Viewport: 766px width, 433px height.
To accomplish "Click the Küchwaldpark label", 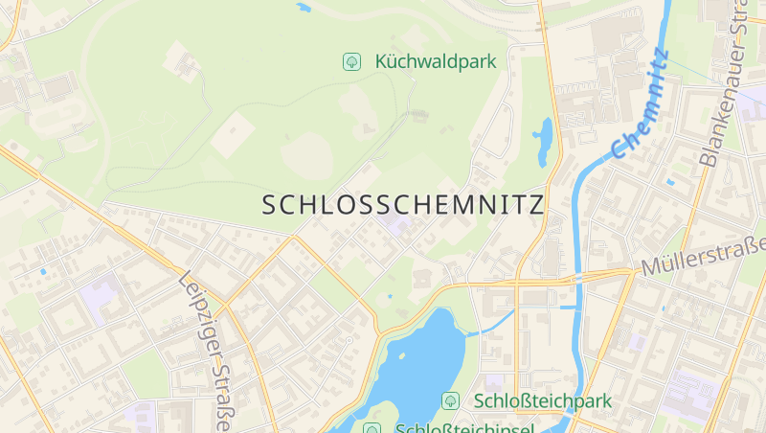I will tap(436, 62).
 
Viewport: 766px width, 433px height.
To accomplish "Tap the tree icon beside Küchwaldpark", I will tap(352, 62).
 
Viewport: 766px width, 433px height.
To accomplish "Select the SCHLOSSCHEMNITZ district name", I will tap(402, 205).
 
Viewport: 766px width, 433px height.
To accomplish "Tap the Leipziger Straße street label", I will tap(207, 350).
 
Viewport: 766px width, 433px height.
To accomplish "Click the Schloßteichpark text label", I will tap(542, 399).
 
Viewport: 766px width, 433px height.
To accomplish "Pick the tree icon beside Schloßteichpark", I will tap(449, 399).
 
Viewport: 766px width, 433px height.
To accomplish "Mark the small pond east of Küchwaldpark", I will tap(544, 141).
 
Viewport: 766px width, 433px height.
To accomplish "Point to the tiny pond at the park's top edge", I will tap(304, 8).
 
